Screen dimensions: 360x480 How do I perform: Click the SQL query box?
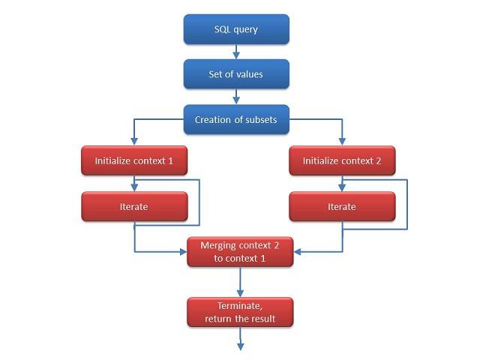pyautogui.click(x=236, y=29)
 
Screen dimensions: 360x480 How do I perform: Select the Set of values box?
pyautogui.click(x=236, y=74)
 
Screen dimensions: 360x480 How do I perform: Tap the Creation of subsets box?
pyautogui.click(x=236, y=119)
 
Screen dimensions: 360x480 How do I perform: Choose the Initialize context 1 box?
pyautogui.click(x=134, y=160)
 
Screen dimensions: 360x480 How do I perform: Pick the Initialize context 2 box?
pyautogui.click(x=342, y=160)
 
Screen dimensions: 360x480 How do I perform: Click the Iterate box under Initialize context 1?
pyautogui.click(x=134, y=206)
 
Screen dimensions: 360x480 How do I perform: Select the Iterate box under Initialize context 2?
pyautogui.click(x=342, y=206)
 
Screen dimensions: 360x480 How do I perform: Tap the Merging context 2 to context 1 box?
pyautogui.click(x=240, y=252)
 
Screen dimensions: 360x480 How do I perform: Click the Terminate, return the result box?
pyautogui.click(x=240, y=312)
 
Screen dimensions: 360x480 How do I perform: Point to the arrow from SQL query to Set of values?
pyautogui.click(x=236, y=52)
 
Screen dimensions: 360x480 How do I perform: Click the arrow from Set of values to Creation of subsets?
pyautogui.click(x=236, y=97)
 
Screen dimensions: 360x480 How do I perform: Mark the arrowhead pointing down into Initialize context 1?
pyautogui.click(x=134, y=141)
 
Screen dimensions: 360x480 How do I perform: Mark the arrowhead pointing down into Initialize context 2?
pyautogui.click(x=342, y=141)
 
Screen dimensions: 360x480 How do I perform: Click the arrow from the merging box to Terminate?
pyautogui.click(x=240, y=282)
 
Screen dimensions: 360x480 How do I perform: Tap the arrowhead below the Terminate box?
pyautogui.click(x=241, y=346)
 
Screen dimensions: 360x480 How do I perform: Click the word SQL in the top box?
pyautogui.click(x=223, y=29)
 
